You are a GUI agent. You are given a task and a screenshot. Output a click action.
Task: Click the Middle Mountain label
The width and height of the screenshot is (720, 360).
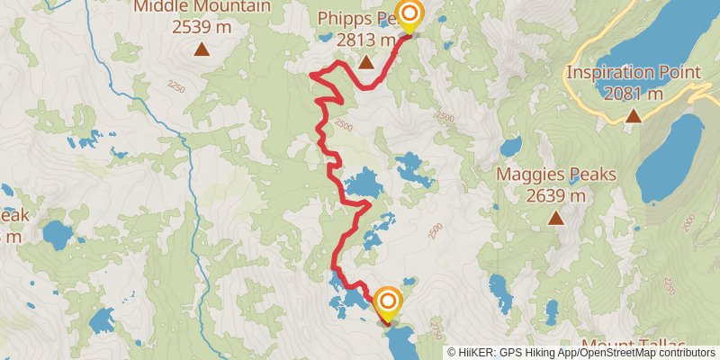click(202, 7)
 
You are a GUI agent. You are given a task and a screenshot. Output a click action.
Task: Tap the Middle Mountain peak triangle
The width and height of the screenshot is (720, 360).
click(202, 49)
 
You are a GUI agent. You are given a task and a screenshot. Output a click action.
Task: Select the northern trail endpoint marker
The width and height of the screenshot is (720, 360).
click(409, 15)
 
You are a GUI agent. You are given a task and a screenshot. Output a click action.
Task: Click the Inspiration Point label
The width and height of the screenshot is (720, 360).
click(634, 73)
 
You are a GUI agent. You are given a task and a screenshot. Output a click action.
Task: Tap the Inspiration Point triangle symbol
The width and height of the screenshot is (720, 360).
click(634, 115)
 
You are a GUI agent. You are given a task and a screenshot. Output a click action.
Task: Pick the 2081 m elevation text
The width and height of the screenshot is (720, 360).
click(634, 93)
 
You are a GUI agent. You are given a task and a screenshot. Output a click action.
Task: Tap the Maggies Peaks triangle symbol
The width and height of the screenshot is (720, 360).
click(556, 217)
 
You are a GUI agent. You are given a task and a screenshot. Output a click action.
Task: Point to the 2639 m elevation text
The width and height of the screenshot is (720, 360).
click(555, 195)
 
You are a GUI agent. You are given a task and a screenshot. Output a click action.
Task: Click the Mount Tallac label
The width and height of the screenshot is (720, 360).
click(634, 346)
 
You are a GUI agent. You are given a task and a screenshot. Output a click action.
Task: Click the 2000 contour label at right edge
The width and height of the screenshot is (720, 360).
click(689, 220)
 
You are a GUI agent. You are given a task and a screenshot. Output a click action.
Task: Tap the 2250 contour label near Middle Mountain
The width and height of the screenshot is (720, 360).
click(175, 86)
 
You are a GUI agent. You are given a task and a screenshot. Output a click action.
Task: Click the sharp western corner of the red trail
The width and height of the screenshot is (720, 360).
click(311, 76)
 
